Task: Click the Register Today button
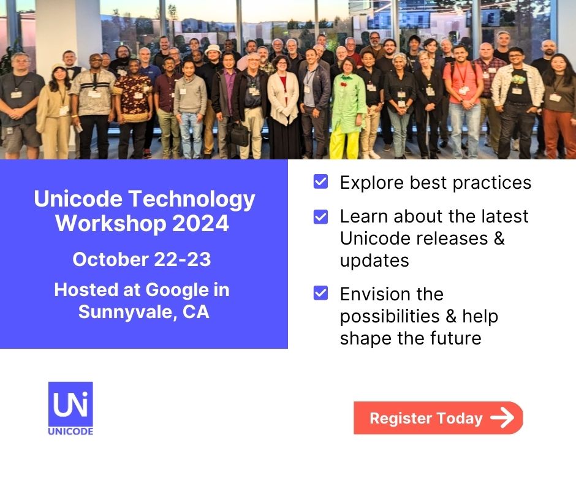click(438, 418)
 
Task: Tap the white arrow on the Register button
click(502, 417)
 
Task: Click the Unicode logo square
click(70, 404)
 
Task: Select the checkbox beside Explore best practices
click(320, 181)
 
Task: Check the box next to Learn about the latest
click(320, 216)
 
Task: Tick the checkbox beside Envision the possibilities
click(320, 293)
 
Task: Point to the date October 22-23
click(142, 259)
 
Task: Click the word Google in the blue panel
click(178, 291)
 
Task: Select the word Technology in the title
click(192, 200)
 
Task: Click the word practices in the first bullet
click(492, 183)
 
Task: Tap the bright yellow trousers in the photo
click(344, 143)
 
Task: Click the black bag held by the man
click(239, 134)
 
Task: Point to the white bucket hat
click(213, 49)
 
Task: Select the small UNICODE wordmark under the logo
click(70, 431)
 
